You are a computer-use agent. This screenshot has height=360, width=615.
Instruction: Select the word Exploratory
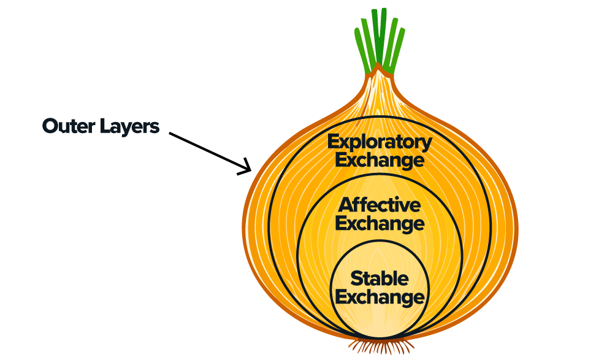(379, 142)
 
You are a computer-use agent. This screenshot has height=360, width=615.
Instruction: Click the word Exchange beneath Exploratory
(379, 161)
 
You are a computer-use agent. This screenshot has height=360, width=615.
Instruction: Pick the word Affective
(380, 204)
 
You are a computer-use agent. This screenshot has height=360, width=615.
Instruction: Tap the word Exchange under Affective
(380, 223)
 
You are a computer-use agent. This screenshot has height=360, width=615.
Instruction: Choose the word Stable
(380, 278)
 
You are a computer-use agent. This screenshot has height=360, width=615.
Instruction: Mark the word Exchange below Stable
(380, 297)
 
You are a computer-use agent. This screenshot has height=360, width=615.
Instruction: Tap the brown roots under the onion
(380, 347)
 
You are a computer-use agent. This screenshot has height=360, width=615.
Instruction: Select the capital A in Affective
(345, 204)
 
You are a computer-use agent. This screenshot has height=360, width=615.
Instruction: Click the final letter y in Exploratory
(427, 144)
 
